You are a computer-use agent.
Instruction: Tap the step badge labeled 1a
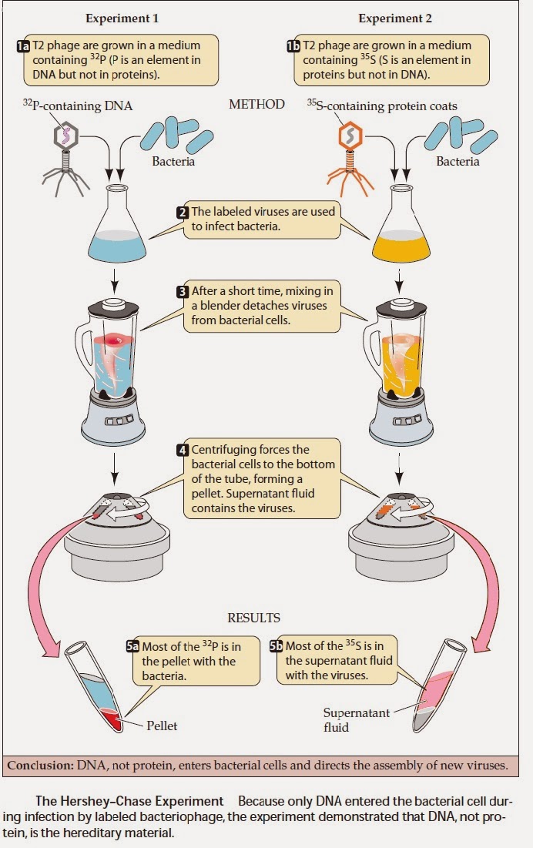coord(23,46)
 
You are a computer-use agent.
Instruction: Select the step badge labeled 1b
coord(293,46)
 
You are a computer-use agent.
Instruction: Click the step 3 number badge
coord(183,293)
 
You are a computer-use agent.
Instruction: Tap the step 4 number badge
coord(183,450)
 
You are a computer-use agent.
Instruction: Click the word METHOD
coord(256,104)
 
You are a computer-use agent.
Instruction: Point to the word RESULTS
coord(253,618)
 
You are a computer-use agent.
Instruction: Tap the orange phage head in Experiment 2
coord(351,136)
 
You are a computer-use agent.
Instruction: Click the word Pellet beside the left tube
coord(163,726)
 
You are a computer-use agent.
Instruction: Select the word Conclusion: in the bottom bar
coord(40,766)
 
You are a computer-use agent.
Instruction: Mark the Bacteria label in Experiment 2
coord(458,162)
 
